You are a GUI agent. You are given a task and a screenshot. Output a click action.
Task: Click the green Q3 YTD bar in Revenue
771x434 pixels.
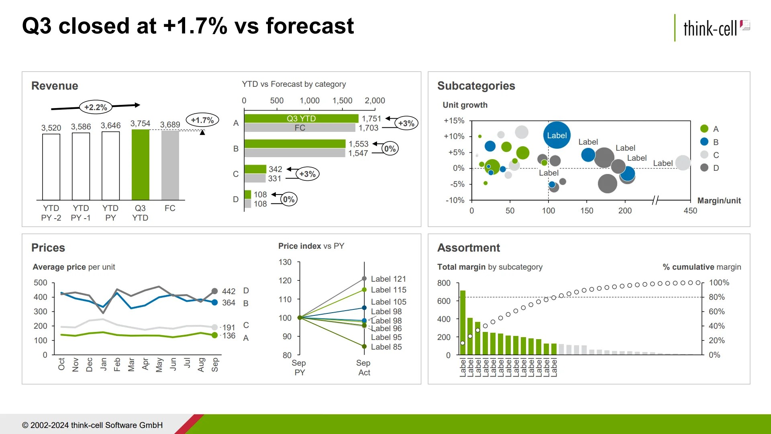point(140,165)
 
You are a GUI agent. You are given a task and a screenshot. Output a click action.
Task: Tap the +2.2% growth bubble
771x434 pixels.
point(96,107)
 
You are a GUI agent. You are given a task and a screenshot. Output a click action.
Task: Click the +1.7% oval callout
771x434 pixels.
point(202,120)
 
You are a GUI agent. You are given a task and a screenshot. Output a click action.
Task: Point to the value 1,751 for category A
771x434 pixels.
point(371,119)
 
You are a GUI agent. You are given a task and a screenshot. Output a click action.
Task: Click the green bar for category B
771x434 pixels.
point(294,144)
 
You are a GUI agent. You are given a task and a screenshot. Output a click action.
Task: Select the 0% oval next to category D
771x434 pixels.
point(288,199)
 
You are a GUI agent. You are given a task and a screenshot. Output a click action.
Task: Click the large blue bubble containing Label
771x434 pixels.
point(557,135)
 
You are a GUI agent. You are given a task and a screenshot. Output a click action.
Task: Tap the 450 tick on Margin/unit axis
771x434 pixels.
point(690,211)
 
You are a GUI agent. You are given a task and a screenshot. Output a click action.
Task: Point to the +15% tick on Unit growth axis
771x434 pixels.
point(454,121)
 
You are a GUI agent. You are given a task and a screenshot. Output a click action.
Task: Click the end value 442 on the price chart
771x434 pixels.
point(228,291)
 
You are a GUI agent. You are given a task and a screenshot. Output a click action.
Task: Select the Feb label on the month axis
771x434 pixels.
point(117,364)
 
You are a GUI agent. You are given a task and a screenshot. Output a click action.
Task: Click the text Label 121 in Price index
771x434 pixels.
point(388,279)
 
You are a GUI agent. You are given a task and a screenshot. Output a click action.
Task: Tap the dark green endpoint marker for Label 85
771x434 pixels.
point(364,346)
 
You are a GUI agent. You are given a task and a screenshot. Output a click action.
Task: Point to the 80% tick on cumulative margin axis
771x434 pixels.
point(716,297)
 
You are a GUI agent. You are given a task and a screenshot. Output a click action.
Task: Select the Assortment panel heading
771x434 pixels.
point(468,248)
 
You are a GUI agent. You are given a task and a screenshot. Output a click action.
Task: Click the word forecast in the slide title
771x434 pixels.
point(310,26)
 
